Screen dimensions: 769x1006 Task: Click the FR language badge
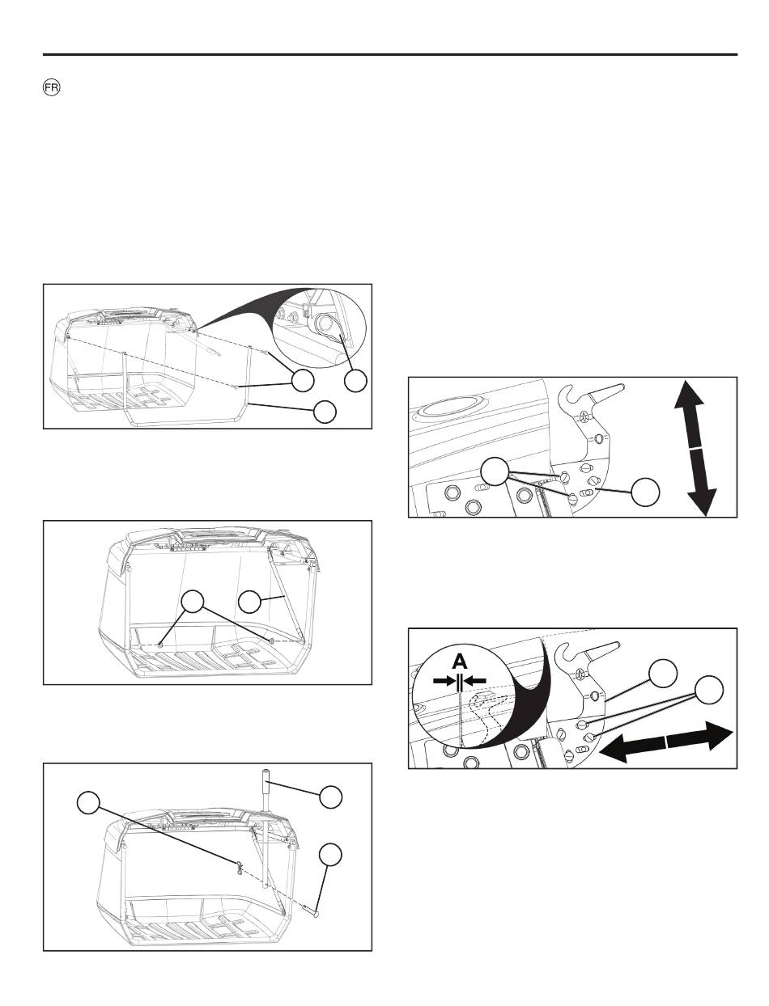click(51, 88)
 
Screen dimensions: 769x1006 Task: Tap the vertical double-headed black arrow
click(695, 448)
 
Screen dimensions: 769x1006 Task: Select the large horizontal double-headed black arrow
click(666, 742)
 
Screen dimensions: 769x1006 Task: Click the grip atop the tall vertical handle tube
click(266, 782)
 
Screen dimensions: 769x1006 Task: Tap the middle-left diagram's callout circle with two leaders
click(193, 602)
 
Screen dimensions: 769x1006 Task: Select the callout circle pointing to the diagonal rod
click(250, 602)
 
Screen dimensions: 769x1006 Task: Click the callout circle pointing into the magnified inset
click(355, 381)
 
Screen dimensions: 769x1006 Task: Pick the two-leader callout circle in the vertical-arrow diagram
click(495, 471)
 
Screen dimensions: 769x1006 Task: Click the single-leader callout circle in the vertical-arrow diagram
click(645, 492)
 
